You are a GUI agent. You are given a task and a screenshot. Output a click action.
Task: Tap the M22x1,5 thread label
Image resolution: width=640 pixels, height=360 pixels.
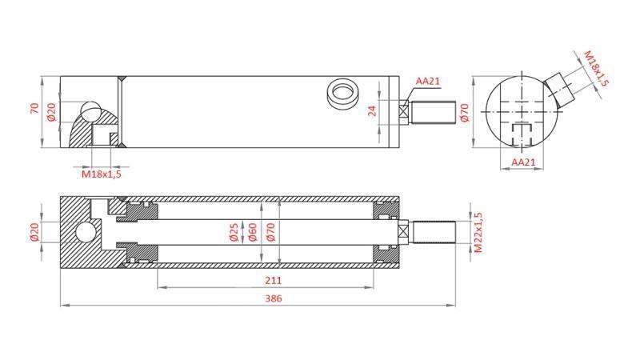click(x=478, y=233)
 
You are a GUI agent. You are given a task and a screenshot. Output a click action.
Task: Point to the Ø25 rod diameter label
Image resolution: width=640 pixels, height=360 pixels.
click(x=234, y=233)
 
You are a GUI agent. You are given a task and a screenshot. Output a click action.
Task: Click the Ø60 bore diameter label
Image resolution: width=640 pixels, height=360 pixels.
click(x=252, y=233)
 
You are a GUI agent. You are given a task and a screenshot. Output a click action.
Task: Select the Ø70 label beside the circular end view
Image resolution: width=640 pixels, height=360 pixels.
click(x=464, y=113)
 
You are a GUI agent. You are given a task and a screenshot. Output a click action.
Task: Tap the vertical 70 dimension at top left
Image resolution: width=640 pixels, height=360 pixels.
click(x=34, y=108)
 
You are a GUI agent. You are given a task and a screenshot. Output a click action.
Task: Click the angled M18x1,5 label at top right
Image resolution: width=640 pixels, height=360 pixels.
click(x=596, y=69)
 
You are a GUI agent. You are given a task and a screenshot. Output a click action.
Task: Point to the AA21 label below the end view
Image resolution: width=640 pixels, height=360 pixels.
click(x=522, y=162)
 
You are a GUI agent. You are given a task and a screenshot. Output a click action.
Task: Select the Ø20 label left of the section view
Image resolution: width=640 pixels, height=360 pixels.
click(x=34, y=232)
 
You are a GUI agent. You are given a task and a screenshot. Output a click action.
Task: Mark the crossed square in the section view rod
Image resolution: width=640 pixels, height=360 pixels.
click(x=404, y=232)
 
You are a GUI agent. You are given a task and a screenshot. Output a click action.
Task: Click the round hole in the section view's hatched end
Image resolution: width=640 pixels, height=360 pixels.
click(x=85, y=233)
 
